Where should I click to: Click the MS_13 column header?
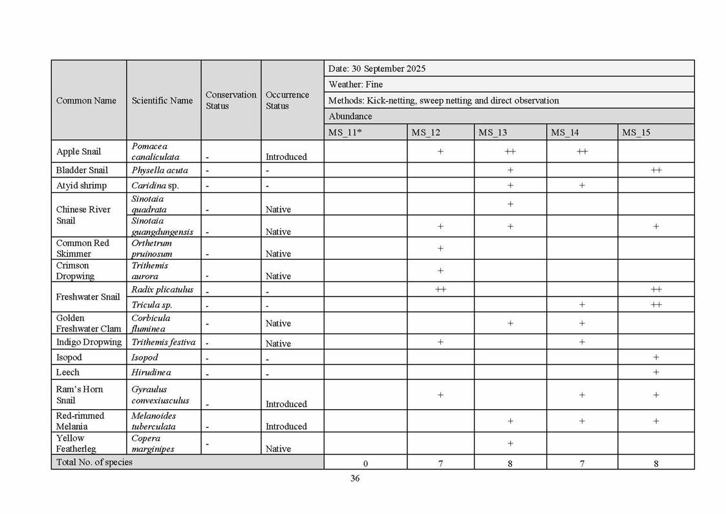pos(493,133)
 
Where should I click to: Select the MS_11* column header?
pos(344,133)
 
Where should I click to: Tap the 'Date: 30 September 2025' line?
pos(377,69)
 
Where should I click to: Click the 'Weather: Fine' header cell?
pos(356,84)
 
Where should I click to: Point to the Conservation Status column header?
pos(231,100)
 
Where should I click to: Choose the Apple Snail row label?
pos(79,151)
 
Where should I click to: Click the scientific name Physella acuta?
pos(160,170)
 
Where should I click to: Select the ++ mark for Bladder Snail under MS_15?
pos(656,170)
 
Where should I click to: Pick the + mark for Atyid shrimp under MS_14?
pos(582,186)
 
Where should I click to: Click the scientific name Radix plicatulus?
pos(162,289)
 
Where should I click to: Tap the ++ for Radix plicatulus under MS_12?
pos(440,289)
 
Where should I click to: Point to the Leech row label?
pos(68,372)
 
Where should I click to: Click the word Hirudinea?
pos(151,372)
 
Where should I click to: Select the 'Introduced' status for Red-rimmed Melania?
pos(286,427)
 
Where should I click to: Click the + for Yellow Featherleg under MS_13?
pos(510,443)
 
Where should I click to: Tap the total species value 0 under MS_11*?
pos(365,464)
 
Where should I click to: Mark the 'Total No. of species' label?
pos(94,462)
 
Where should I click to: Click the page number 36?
pos(355,478)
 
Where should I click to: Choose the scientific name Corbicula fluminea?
pos(151,323)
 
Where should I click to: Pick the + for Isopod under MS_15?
pos(656,357)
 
